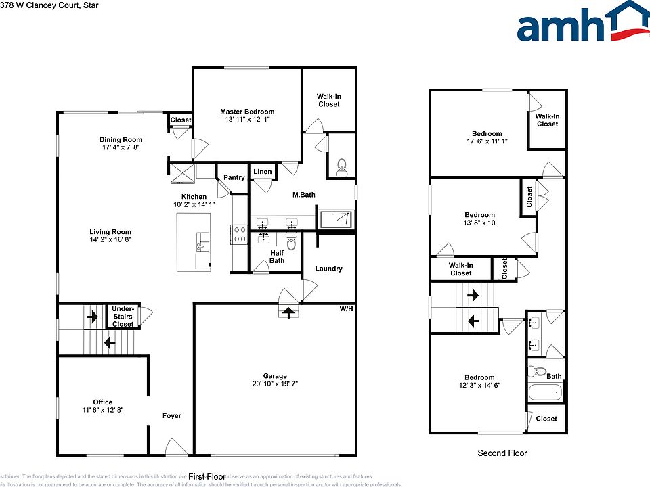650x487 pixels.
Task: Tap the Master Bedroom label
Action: click(247, 112)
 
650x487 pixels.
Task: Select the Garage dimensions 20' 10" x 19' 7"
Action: click(275, 384)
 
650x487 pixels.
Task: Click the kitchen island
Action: click(194, 241)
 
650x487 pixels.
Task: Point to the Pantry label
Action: click(234, 177)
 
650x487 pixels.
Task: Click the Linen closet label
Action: click(263, 172)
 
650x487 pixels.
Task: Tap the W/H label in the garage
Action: click(346, 309)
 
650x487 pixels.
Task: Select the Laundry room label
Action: click(328, 269)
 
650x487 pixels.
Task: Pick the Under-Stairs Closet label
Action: click(123, 317)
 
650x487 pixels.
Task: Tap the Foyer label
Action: click(172, 415)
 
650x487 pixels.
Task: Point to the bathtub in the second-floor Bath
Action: click(544, 392)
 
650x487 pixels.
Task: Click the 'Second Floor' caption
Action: click(502, 453)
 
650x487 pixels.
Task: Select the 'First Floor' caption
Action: click(206, 476)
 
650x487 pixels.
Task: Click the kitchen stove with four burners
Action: click(239, 235)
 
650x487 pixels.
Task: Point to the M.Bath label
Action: click(304, 195)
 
